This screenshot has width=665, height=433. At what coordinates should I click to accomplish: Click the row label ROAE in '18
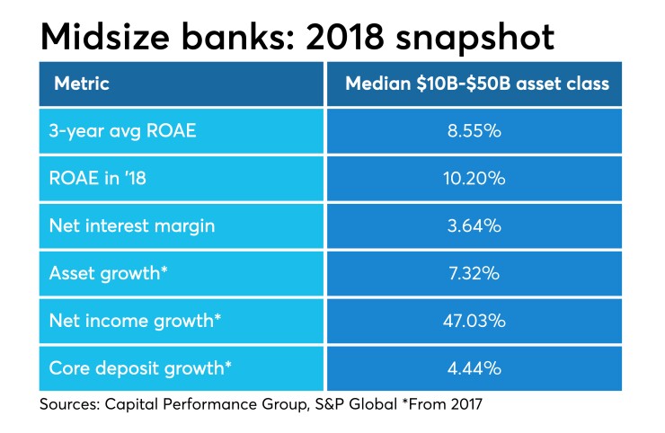[98, 178]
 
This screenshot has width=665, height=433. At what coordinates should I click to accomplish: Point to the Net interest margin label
[131, 225]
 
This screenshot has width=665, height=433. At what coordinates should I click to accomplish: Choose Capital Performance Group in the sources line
[182, 405]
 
